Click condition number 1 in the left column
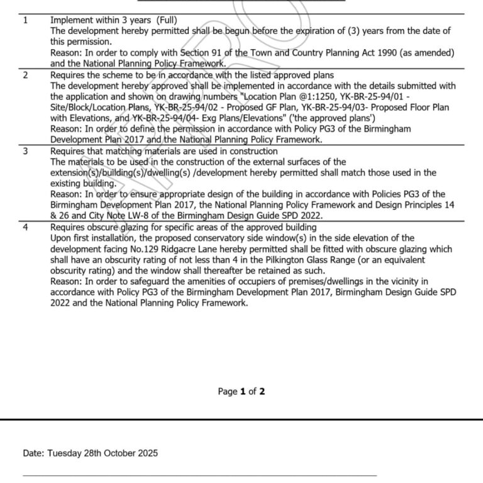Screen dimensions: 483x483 pyautogui.click(x=25, y=20)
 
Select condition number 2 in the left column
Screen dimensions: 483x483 pyautogui.click(x=25, y=75)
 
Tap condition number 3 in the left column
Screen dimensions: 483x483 pyautogui.click(x=25, y=151)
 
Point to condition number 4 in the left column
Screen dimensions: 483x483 pyautogui.click(x=25, y=227)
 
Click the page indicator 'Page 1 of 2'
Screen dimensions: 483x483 pyautogui.click(x=241, y=391)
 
